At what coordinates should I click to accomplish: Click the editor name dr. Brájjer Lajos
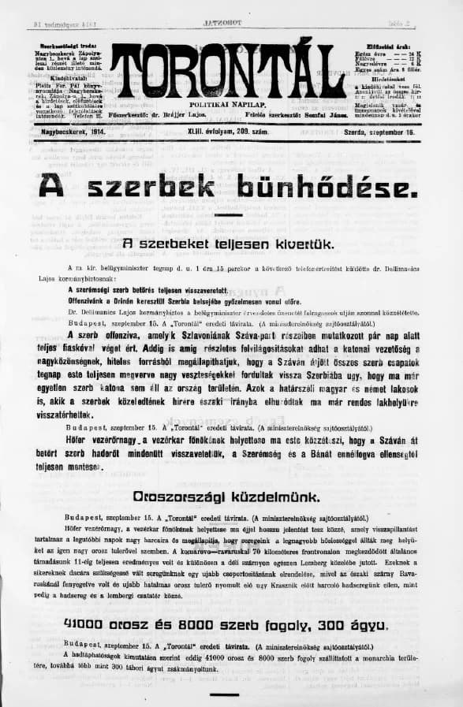click(x=189, y=115)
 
